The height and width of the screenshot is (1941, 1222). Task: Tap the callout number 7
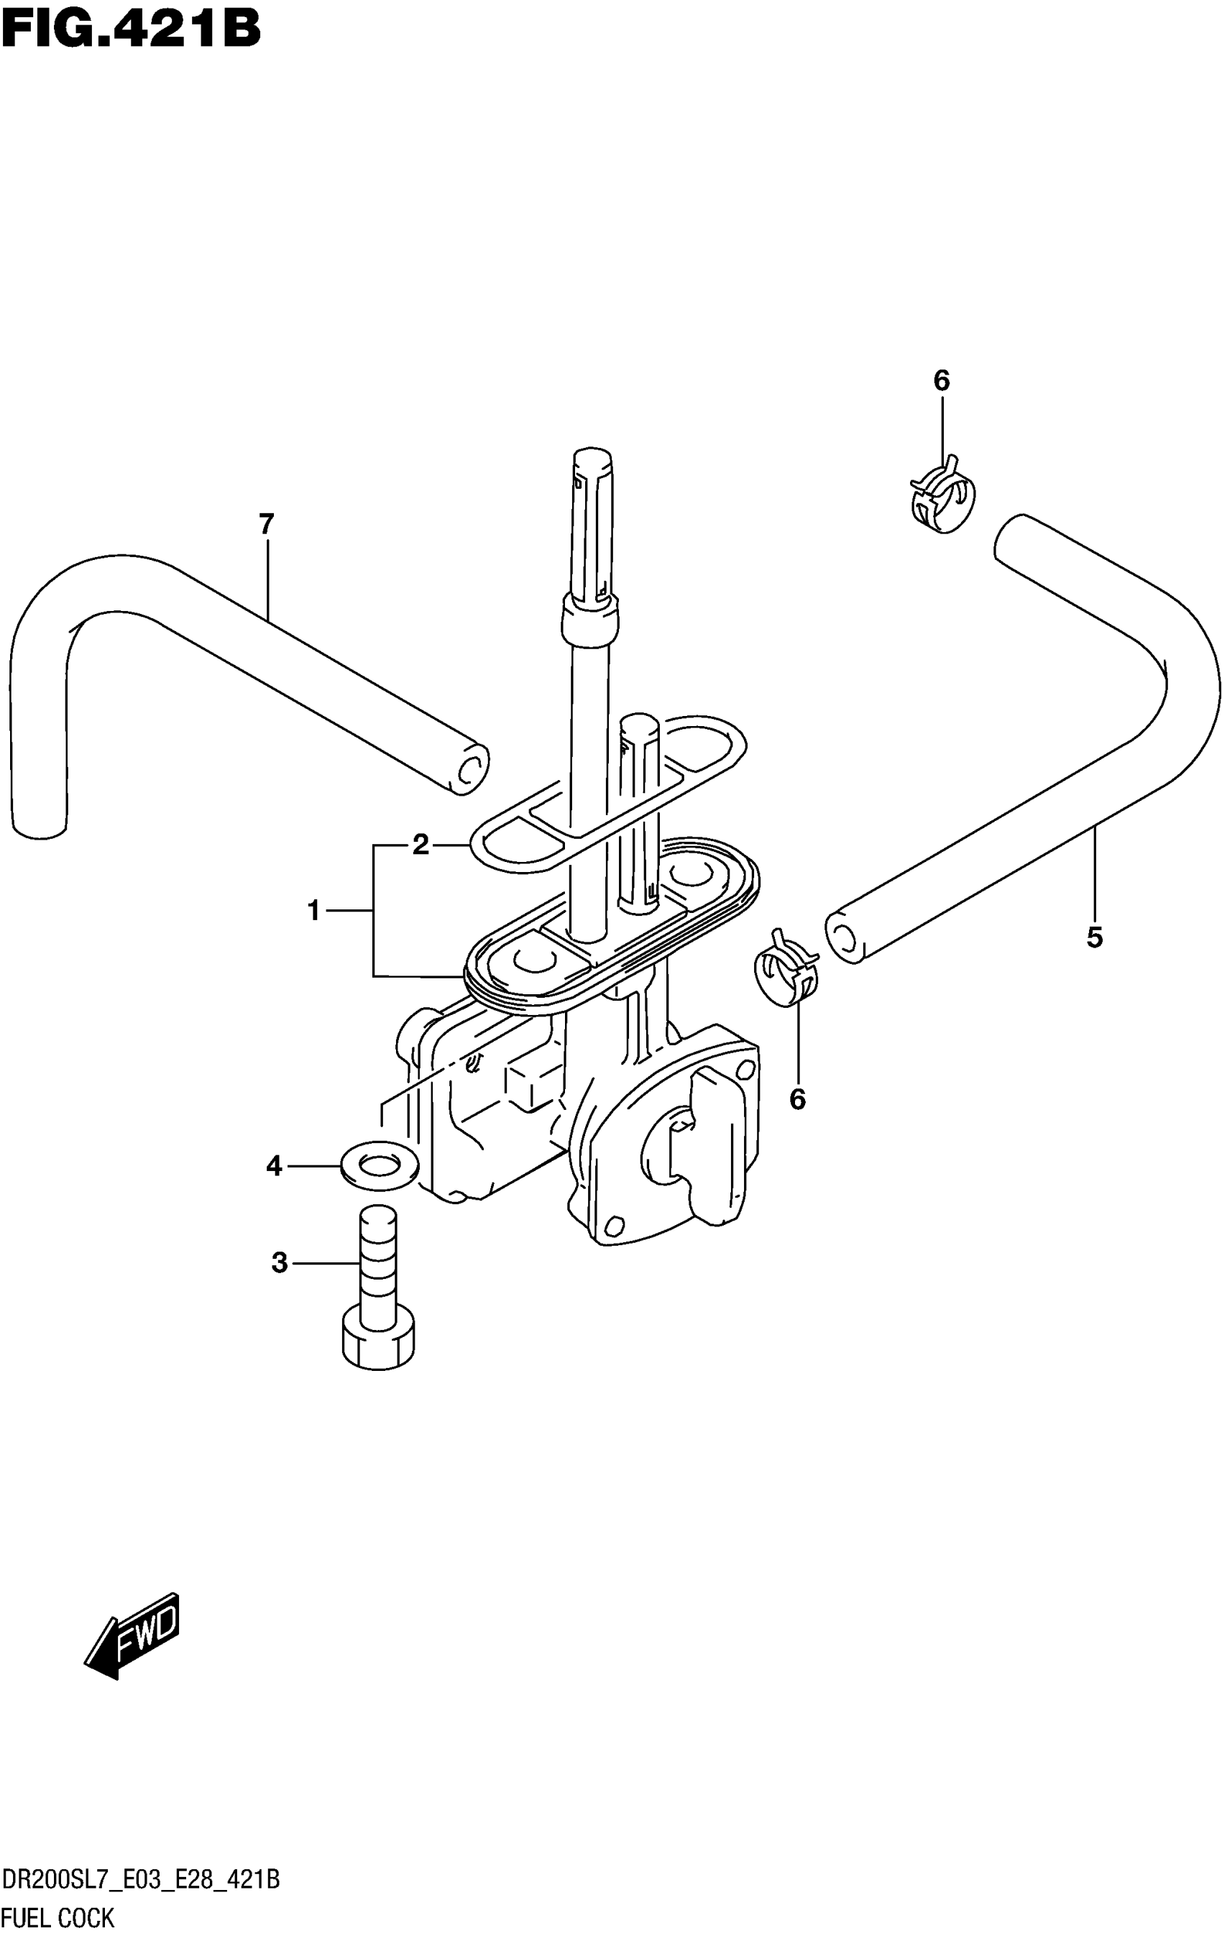tap(267, 525)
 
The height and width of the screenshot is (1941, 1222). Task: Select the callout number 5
tap(1094, 937)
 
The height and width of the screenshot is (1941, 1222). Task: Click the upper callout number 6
tap(942, 380)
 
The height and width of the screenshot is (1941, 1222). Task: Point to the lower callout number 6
tap(797, 1098)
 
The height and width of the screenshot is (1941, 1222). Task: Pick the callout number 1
tap(314, 912)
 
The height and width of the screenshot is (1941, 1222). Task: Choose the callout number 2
tap(420, 845)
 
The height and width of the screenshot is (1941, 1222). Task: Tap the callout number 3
tap(279, 1263)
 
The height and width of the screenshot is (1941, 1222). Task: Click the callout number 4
tap(274, 1165)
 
